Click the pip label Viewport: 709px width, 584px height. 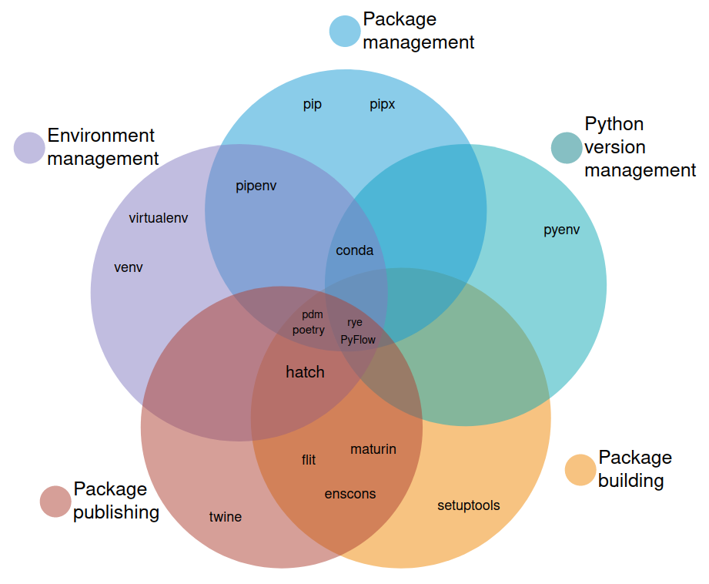[312, 105]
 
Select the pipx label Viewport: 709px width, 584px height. [382, 105]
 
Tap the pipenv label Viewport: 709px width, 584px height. [256, 186]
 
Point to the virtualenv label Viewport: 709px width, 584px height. [159, 218]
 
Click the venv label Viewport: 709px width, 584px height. [129, 267]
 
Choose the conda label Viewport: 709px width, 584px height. [355, 250]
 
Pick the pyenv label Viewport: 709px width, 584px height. [561, 230]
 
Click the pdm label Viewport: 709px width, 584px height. [313, 314]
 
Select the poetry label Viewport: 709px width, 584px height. [309, 330]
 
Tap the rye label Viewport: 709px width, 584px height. [354, 323]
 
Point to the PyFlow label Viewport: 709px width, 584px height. [358, 339]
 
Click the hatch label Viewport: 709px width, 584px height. [305, 372]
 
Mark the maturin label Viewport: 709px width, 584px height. [373, 448]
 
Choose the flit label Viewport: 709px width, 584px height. [309, 460]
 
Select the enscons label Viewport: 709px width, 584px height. [350, 494]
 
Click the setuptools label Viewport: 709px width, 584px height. [468, 505]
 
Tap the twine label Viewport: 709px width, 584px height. [226, 517]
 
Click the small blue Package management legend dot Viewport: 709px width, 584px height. [345, 31]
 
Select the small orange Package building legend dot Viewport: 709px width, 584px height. [580, 470]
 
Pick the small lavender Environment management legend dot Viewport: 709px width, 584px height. [30, 148]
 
